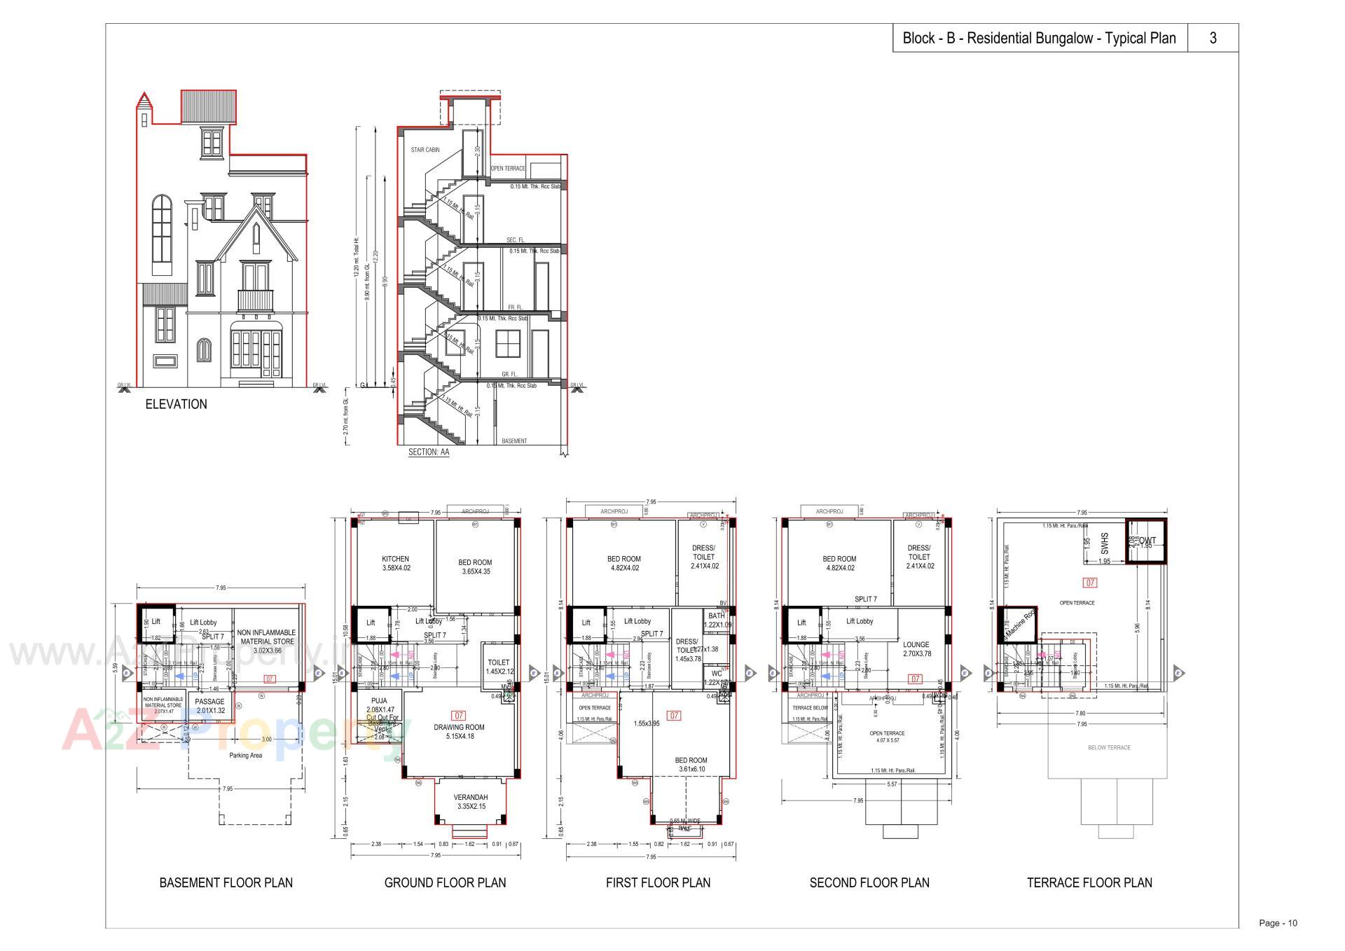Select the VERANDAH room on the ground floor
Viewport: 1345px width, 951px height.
coord(469,802)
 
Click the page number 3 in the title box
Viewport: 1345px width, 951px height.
coord(1213,39)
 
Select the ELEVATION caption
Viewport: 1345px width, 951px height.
coord(176,404)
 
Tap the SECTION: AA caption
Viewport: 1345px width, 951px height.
coord(428,452)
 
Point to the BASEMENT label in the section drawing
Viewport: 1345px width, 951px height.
coord(514,441)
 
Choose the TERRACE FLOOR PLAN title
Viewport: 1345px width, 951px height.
coord(1089,882)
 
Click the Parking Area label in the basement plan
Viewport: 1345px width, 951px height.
coord(245,756)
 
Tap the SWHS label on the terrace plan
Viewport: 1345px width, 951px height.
coord(1105,541)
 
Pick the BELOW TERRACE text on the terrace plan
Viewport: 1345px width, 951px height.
coord(1109,747)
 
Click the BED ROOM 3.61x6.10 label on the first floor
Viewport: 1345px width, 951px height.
coord(691,764)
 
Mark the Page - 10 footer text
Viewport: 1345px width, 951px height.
coord(1278,923)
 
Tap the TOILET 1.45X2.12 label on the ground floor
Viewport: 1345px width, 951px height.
coord(498,667)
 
